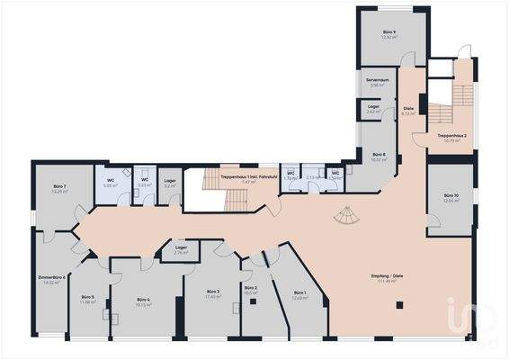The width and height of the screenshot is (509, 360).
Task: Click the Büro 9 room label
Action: [388, 33]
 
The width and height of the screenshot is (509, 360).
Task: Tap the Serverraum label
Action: [377, 82]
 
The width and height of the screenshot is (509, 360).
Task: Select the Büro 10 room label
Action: [451, 197]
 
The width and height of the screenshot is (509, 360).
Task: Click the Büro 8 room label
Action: [379, 157]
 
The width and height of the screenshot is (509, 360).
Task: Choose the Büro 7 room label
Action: [59, 187]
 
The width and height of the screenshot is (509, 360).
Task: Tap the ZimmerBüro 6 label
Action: [51, 279]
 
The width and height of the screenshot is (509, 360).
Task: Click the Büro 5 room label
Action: [87, 299]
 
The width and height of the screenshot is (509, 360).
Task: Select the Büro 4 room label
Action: [143, 301]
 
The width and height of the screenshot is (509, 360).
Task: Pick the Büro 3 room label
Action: [212, 293]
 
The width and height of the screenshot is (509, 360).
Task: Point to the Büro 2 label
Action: [250, 290]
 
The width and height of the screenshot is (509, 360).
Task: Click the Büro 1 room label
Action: [299, 294]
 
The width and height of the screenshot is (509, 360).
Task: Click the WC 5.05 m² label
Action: [111, 183]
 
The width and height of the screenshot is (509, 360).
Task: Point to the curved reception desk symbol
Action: [344, 217]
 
